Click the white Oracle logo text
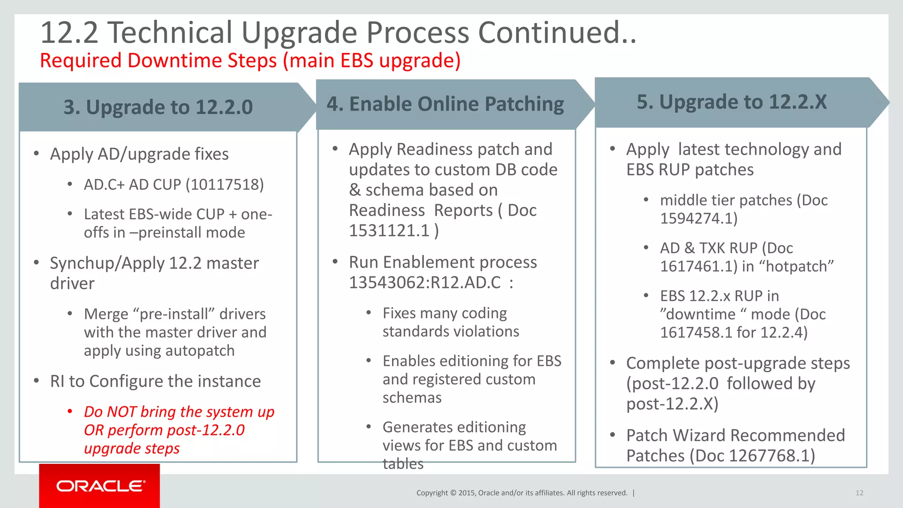point(101,486)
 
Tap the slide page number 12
point(859,493)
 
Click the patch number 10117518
point(225,185)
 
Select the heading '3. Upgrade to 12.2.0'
point(158,107)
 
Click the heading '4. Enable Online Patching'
point(445,104)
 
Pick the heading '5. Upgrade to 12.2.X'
point(731,102)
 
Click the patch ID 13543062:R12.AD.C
point(425,283)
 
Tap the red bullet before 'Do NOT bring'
point(70,411)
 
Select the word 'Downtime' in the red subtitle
point(175,60)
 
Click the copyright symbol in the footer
point(453,493)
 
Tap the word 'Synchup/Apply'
point(107,263)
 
